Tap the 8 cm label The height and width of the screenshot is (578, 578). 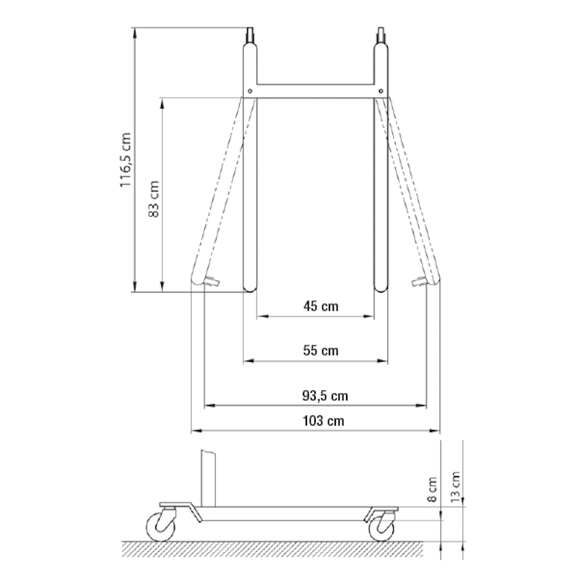coord(432,489)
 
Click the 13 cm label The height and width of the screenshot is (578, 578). coord(456,485)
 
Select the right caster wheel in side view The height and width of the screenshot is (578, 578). coord(383,527)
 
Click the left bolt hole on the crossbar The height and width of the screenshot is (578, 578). coord(249,91)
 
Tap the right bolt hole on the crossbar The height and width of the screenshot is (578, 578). coord(381,91)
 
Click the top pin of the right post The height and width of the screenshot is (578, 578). coord(381,35)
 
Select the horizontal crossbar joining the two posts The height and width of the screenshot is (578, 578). coord(315,91)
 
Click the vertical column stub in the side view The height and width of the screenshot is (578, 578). coord(207,477)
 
